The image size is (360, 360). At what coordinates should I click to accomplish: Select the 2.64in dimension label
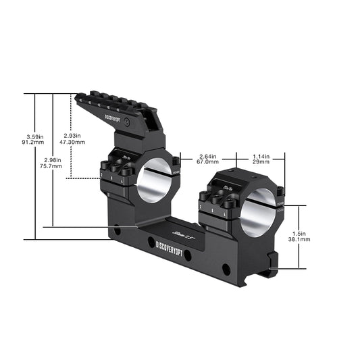(x=207, y=155)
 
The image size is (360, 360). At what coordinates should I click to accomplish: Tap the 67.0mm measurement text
(x=207, y=163)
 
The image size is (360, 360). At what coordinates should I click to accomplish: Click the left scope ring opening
(x=155, y=181)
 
